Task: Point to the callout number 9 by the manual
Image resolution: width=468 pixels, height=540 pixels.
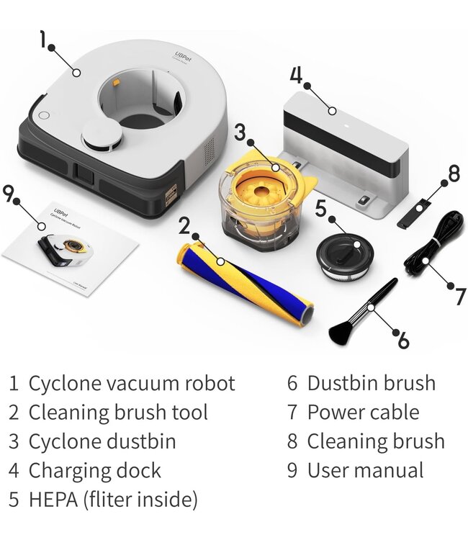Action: (9, 194)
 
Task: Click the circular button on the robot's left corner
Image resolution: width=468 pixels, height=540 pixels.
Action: (42, 115)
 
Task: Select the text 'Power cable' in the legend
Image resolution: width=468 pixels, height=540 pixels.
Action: (363, 413)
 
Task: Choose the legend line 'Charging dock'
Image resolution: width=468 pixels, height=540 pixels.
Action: (94, 470)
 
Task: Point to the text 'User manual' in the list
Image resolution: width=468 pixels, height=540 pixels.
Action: (365, 470)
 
